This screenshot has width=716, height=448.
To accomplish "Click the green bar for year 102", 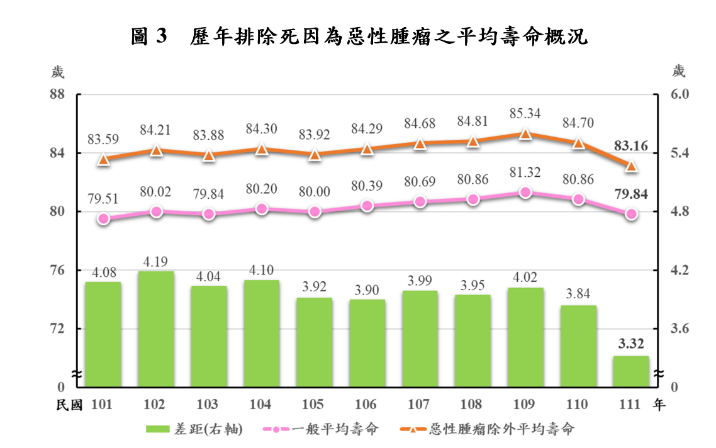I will tap(155, 328).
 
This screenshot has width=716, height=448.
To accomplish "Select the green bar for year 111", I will tap(631, 371).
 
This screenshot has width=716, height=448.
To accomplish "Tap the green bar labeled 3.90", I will tap(367, 343).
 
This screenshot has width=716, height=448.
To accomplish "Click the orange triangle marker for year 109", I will tap(525, 133).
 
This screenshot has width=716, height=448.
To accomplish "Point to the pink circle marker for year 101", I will tap(104, 219).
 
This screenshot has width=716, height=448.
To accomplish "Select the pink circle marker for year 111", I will tap(632, 214).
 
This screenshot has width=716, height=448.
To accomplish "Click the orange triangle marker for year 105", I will tap(315, 154).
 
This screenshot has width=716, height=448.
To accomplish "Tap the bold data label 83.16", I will tap(631, 146).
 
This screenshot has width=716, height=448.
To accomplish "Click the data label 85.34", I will tap(525, 115).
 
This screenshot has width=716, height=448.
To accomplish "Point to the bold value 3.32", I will tap(631, 344).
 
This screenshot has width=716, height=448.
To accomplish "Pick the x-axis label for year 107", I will tap(420, 405).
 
